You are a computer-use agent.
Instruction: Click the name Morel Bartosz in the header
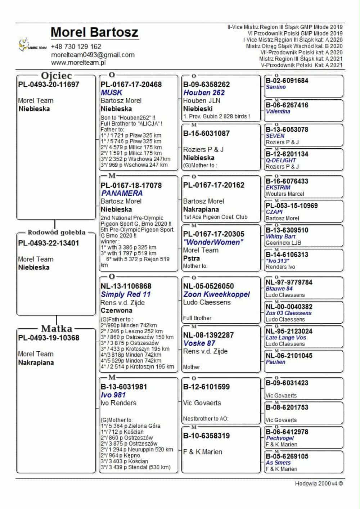(x=94, y=32)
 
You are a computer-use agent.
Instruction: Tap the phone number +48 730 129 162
(x=76, y=47)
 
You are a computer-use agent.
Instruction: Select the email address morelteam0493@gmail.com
(x=93, y=55)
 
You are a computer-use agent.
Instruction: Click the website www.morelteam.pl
(x=78, y=63)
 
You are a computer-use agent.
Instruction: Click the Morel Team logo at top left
(x=32, y=45)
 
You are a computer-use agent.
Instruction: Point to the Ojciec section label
(x=57, y=76)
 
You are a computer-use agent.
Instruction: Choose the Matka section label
(x=57, y=329)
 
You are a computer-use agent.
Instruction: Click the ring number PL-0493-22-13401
(x=49, y=243)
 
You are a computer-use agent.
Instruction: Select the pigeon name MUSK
(x=112, y=93)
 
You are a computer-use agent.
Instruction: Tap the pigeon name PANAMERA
(x=122, y=193)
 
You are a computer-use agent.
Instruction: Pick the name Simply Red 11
(x=126, y=294)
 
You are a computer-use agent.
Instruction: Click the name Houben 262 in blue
(x=204, y=93)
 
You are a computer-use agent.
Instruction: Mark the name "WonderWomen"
(x=213, y=242)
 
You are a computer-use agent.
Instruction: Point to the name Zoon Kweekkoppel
(x=216, y=294)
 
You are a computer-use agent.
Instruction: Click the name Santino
(x=276, y=87)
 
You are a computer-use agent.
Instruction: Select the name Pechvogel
(x=280, y=438)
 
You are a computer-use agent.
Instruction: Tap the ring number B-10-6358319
(x=206, y=436)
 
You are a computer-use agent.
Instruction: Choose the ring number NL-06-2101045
(x=289, y=356)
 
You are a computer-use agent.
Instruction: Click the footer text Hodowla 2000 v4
(x=319, y=484)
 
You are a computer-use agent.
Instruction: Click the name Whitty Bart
(x=280, y=237)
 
